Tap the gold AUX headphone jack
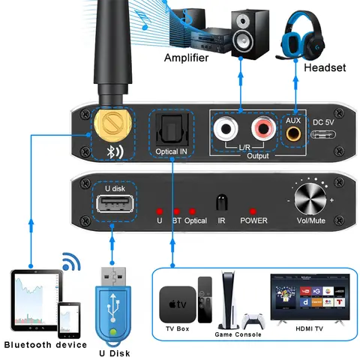click(295, 133)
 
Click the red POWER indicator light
click(253, 211)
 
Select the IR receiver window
click(220, 203)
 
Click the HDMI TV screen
click(310, 297)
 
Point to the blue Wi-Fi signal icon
click(71, 262)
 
